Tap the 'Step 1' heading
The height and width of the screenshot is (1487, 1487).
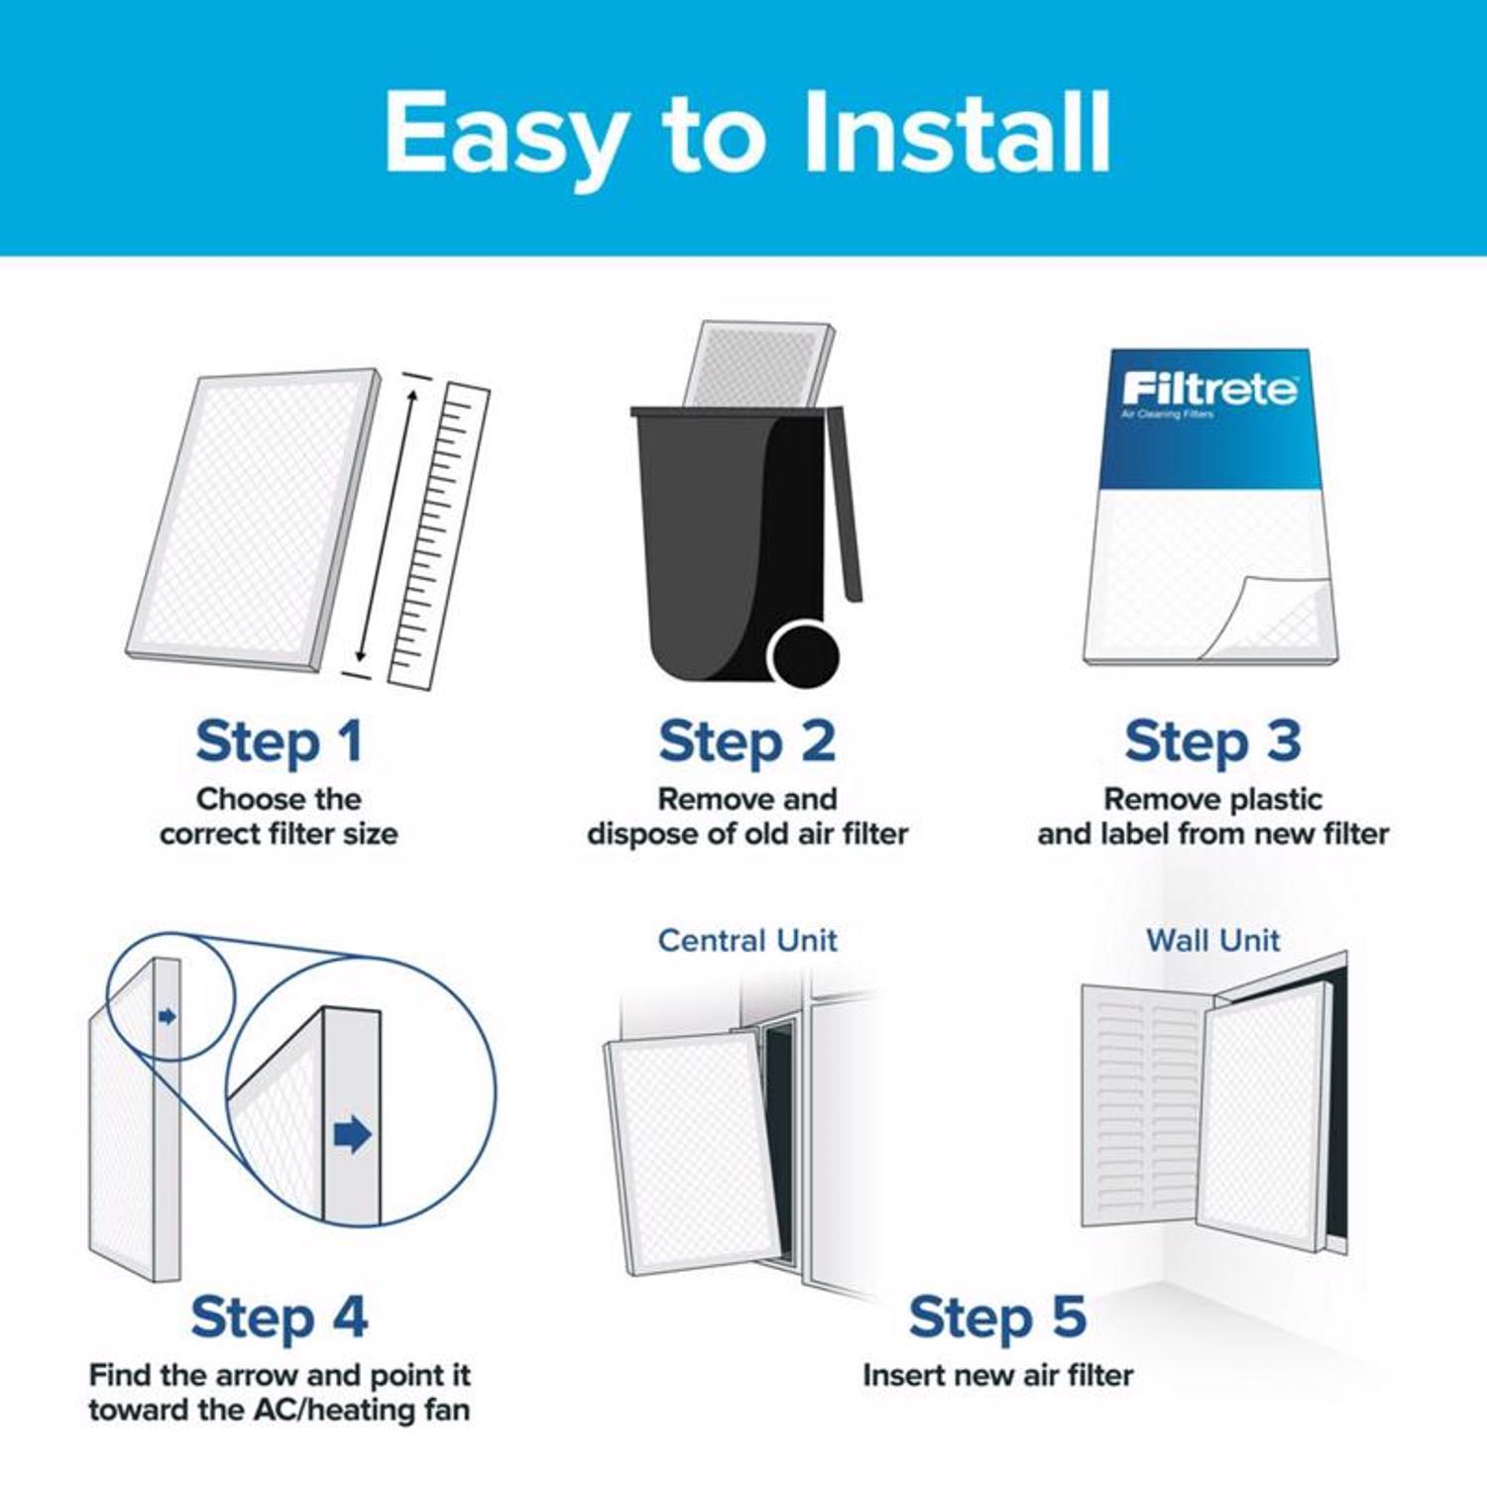pyautogui.click(x=279, y=743)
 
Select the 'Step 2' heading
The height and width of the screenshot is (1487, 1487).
pyautogui.click(x=746, y=743)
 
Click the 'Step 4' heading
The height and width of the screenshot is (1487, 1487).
pyautogui.click(x=279, y=1317)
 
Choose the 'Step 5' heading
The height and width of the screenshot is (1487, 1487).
pyautogui.click(x=997, y=1317)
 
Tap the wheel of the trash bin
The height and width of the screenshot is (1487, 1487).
pyautogui.click(x=804, y=655)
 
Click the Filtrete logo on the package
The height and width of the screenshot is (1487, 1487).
pyautogui.click(x=1208, y=389)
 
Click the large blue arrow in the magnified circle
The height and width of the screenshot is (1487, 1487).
pyautogui.click(x=352, y=1134)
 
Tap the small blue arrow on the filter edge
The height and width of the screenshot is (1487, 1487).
pyautogui.click(x=167, y=1016)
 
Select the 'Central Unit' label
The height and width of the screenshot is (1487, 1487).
pyautogui.click(x=747, y=940)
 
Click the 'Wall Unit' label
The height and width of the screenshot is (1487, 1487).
pyautogui.click(x=1212, y=940)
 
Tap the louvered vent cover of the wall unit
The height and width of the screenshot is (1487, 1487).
pyautogui.click(x=1140, y=1105)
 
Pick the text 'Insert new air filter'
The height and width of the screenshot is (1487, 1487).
pyautogui.click(x=997, y=1375)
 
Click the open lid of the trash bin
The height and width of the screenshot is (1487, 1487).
pyautogui.click(x=845, y=506)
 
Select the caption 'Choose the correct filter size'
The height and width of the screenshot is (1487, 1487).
pyautogui.click(x=279, y=816)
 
